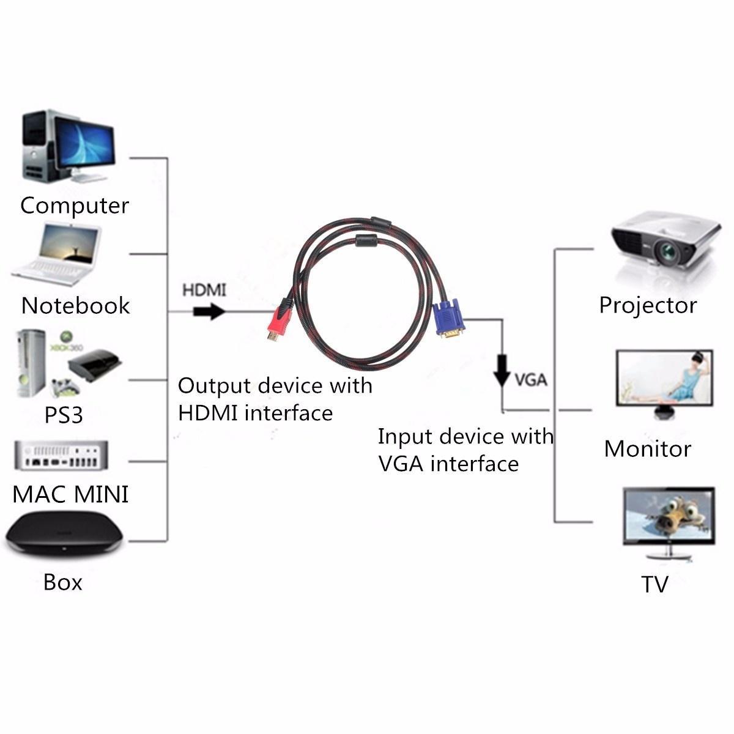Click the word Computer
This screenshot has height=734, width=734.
[x=74, y=206]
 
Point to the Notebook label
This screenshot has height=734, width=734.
[x=75, y=305]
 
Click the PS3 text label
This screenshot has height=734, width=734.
[x=63, y=415]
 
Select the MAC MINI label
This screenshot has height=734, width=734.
[x=70, y=494]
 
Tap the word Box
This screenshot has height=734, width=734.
[x=62, y=582]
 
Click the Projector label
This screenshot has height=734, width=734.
[x=648, y=305]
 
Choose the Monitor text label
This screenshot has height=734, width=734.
[x=647, y=448]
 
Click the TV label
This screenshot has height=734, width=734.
[x=654, y=584]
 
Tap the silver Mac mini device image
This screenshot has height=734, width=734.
[x=61, y=456]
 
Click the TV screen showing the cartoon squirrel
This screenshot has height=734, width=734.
[x=668, y=516]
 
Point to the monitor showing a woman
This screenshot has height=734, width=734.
[x=664, y=378]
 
